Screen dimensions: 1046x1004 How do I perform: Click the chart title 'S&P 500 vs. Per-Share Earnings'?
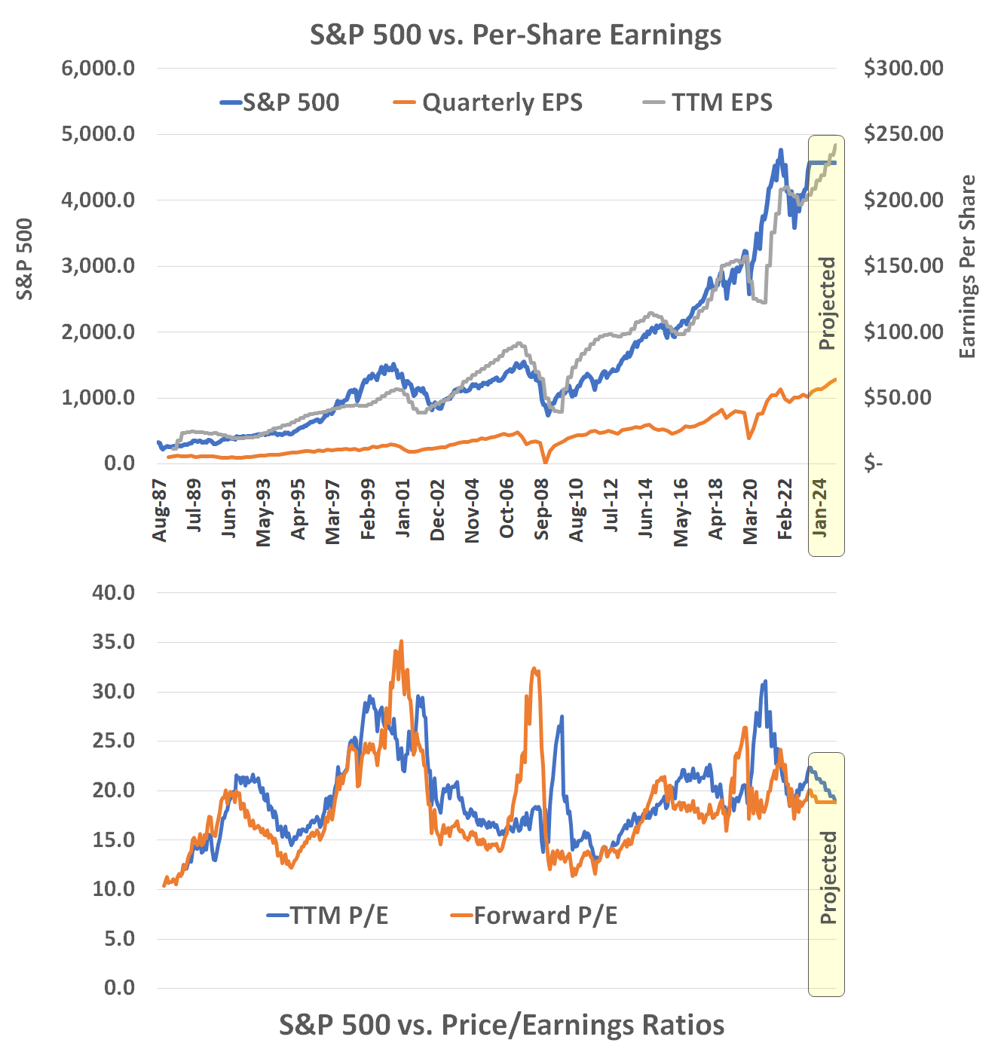tap(516, 35)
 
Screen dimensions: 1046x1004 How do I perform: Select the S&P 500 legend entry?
tap(280, 102)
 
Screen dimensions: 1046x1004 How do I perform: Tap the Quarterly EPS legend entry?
tap(488, 102)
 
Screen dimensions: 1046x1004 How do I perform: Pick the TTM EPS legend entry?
tap(709, 102)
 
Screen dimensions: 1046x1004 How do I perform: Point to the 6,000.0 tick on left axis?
tap(98, 68)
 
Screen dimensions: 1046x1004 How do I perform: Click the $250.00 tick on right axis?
tap(903, 134)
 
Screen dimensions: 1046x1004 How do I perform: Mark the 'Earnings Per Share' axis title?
tap(967, 267)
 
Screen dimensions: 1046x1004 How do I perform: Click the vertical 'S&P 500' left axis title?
tap(26, 258)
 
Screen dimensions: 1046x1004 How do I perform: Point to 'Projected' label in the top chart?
tap(828, 303)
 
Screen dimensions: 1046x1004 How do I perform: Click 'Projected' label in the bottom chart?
tap(828, 877)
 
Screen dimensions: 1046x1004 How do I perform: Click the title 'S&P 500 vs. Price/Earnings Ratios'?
tap(502, 1025)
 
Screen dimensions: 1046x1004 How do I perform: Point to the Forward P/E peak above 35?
tap(401, 642)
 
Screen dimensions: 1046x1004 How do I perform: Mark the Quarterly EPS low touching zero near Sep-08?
tap(545, 462)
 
